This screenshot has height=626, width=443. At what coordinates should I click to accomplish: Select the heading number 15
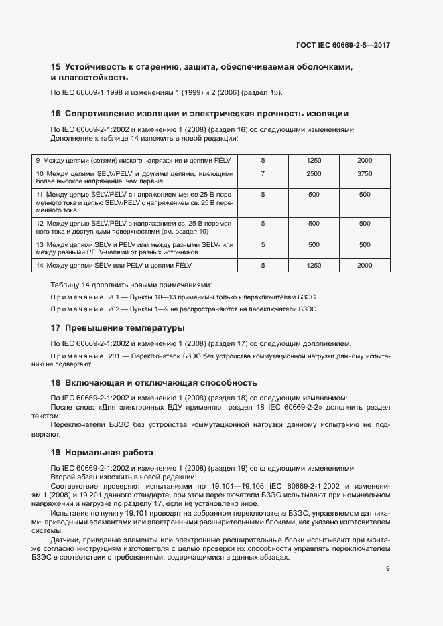[x=56, y=66]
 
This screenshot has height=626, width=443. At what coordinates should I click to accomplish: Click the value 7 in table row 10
[x=263, y=174]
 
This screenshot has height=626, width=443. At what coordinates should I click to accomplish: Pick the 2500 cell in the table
[x=314, y=174]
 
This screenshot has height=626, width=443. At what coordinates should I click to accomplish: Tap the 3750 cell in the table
[x=365, y=174]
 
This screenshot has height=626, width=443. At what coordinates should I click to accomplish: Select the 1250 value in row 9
[x=314, y=161]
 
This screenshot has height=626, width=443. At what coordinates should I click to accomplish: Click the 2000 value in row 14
[x=365, y=266]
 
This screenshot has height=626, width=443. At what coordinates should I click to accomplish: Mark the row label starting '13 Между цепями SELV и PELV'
[x=134, y=249]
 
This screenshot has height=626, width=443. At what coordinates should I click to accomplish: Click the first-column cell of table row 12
[x=134, y=228]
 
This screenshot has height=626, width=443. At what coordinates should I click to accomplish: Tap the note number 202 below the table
[x=117, y=309]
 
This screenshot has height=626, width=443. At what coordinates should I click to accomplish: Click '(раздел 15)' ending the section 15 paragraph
[x=263, y=92]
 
